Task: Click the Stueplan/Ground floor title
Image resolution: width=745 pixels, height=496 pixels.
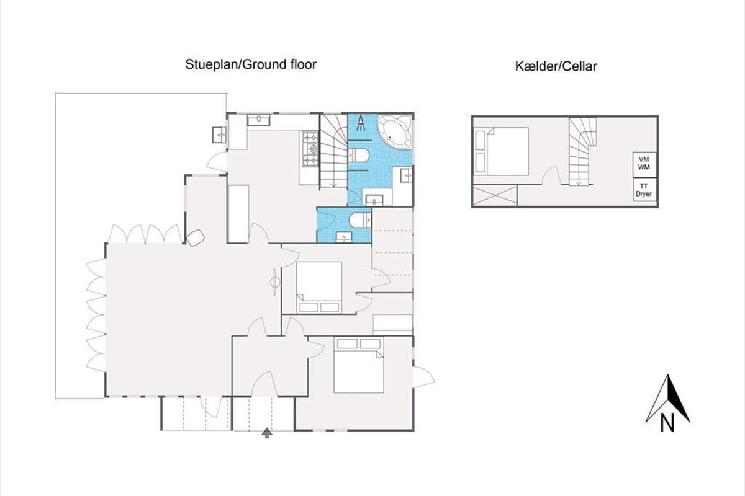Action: pos(251,64)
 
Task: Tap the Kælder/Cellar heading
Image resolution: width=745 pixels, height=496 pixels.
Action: pos(556,66)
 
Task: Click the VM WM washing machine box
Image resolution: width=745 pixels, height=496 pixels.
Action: pos(644,165)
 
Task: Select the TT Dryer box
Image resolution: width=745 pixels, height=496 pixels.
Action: pos(644,190)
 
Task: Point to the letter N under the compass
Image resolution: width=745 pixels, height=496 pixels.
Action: pos(667,423)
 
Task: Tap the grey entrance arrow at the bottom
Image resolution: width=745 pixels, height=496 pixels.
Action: pos(267,433)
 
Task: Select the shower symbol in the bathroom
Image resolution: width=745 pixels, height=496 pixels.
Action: pos(361,123)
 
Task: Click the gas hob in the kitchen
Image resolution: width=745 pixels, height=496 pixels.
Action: pos(310,149)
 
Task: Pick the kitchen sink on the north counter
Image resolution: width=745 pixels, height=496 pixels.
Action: pos(258,120)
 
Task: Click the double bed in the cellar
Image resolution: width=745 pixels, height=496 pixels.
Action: pos(502,151)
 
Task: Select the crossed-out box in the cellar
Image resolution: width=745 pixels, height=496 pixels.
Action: pos(495,196)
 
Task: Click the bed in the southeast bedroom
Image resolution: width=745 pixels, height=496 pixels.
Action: pos(359,365)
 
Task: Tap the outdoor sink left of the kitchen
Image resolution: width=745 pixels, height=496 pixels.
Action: pos(220,135)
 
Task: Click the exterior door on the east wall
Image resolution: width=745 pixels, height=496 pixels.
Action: pos(423,376)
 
